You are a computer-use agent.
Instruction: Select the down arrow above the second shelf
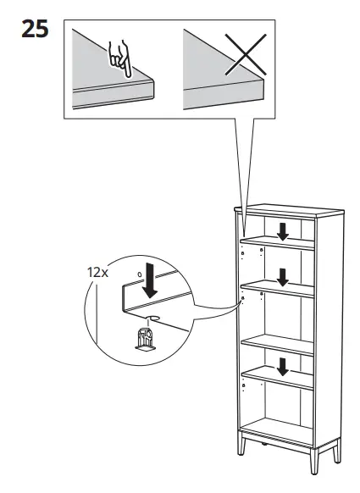coord(283,275)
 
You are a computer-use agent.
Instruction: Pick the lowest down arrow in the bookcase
coord(283,366)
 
